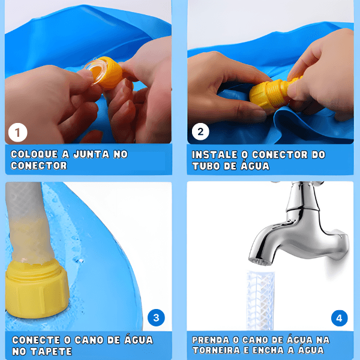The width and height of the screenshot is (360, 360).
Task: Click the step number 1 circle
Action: pyautogui.click(x=17, y=133)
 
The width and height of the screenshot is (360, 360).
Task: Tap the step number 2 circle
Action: pyautogui.click(x=200, y=132)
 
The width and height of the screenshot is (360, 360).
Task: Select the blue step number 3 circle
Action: pyautogui.click(x=156, y=318)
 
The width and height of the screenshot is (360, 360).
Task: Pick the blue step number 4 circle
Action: pyautogui.click(x=340, y=318)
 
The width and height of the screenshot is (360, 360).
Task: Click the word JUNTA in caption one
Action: pyautogui.click(x=91, y=154)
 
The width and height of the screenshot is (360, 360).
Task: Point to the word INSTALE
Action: pyautogui.click(x=215, y=155)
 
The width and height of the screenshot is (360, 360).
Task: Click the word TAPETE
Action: pyautogui.click(x=52, y=352)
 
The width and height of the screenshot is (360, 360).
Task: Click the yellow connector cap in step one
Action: pyautogui.click(x=110, y=73)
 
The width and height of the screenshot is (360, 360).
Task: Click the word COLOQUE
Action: pyautogui.click(x=34, y=154)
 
